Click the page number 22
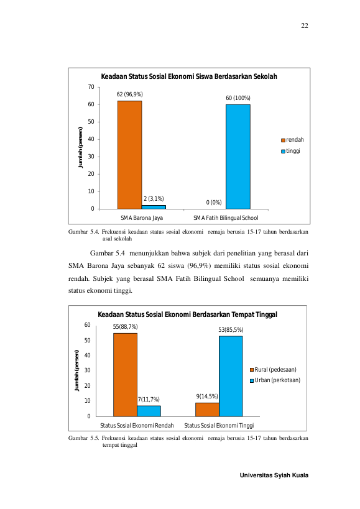305,26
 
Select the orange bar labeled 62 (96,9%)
129,155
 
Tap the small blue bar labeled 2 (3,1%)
154,207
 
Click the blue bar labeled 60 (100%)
238,157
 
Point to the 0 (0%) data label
214,203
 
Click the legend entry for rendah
292,140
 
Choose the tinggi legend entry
291,151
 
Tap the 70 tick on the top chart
91,87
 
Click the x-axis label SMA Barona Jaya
142,218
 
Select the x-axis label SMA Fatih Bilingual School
226,218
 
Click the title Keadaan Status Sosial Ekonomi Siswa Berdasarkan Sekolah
189,76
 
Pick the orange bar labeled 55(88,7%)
126,375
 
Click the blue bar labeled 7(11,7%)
149,411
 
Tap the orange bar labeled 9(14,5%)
207,410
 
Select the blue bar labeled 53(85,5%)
231,376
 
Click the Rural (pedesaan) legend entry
273,370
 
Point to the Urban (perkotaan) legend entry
275,380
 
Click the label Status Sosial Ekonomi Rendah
137,426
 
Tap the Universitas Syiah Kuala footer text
274,475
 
